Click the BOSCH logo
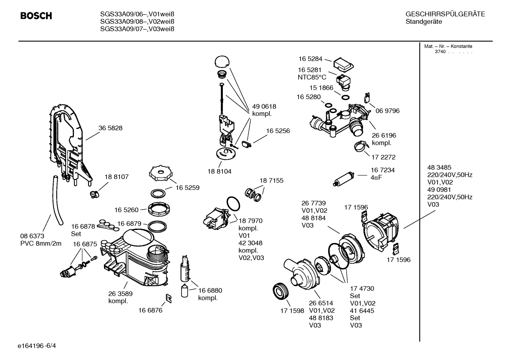point(36,16)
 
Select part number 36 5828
point(110,128)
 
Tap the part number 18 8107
point(116,177)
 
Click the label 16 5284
point(310,59)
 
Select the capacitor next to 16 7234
point(345,178)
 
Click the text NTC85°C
point(312,77)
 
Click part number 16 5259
point(187,188)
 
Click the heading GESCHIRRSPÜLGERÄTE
point(445,14)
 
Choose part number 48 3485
point(439,167)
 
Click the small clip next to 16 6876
point(169,299)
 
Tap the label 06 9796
point(387,111)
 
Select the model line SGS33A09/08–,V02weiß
point(137,22)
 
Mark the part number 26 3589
point(120,294)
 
